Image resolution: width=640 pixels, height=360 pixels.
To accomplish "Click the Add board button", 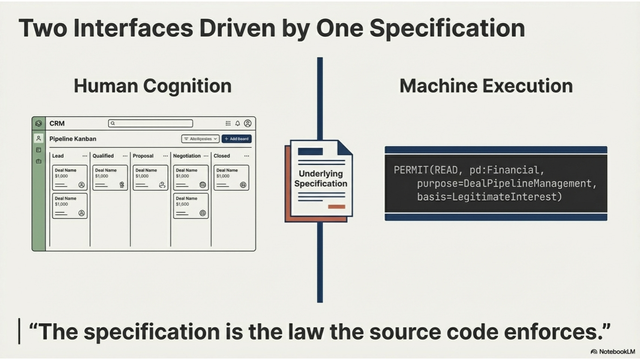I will click(x=236, y=139).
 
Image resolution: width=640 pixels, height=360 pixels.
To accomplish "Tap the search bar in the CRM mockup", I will click(x=150, y=123).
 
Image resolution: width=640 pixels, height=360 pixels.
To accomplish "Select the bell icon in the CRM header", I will click(x=237, y=123).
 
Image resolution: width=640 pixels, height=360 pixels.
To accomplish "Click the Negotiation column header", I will click(x=187, y=156).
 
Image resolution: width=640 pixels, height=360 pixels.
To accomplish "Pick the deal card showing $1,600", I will click(x=191, y=206).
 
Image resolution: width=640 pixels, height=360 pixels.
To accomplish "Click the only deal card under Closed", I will click(x=231, y=178).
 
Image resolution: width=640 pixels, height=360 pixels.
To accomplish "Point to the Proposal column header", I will click(x=143, y=156).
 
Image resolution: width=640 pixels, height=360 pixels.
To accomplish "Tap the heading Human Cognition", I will click(x=152, y=86).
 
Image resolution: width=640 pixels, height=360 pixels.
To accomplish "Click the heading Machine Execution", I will click(x=486, y=86).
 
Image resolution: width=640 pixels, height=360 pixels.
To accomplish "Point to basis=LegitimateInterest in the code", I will click(x=489, y=197).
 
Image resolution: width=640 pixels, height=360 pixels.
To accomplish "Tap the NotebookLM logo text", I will click(x=616, y=352).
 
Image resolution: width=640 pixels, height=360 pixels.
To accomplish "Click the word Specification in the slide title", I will click(x=447, y=28).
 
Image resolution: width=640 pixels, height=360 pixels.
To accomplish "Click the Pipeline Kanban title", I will click(x=73, y=139).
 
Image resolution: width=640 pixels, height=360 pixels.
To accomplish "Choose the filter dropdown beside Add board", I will click(x=200, y=139).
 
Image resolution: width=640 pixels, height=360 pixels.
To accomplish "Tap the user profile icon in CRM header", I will click(x=248, y=123).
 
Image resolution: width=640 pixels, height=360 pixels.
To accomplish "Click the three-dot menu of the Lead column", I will click(x=85, y=156).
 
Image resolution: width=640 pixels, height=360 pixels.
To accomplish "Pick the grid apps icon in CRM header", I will click(x=228, y=123).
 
